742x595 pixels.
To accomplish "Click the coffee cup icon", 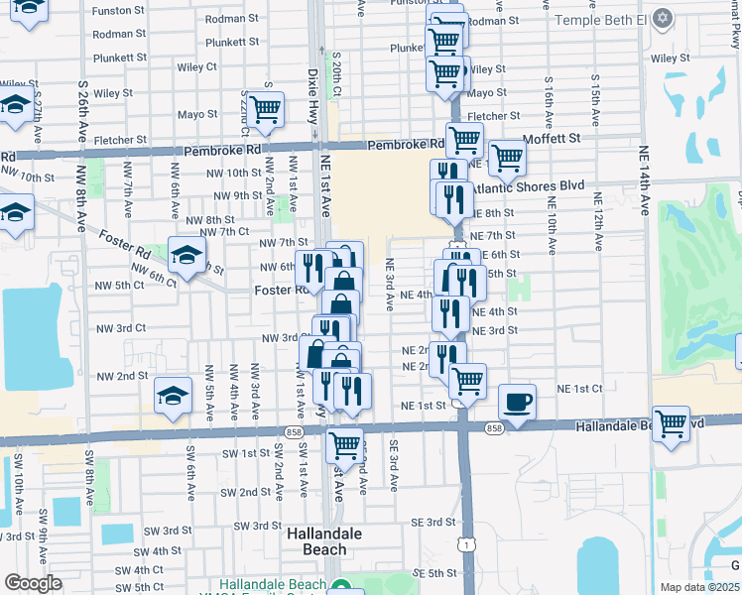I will tap(517, 403).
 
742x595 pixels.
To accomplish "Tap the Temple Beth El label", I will tap(599, 20).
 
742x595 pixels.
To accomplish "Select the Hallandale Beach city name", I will tap(316, 540).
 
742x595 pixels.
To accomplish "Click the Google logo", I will tap(33, 583).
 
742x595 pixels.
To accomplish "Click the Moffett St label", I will tap(552, 139).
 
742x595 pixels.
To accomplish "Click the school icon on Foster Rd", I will tap(186, 257).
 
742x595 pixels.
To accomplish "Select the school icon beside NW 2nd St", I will tap(173, 398).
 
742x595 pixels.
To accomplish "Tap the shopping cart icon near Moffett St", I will tap(507, 157).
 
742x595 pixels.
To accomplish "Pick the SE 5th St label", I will tap(434, 573).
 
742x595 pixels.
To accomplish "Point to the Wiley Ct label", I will tap(197, 67).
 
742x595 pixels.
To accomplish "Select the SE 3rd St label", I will tap(433, 522).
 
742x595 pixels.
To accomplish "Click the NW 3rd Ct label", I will tap(121, 327).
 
